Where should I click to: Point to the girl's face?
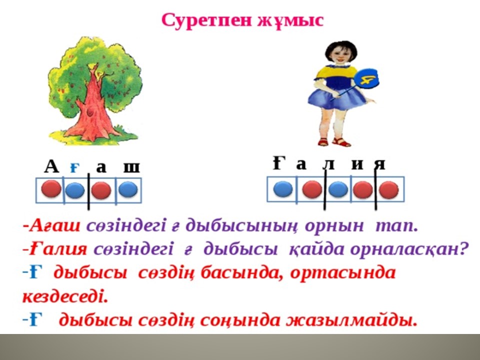click(340, 55)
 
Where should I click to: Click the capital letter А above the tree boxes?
click(51, 167)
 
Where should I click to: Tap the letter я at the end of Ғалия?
click(380, 164)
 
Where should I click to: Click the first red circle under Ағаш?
click(51, 188)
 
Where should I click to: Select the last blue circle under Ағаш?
click(127, 189)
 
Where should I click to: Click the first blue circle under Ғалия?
click(282, 188)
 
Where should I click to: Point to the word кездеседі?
click(65, 296)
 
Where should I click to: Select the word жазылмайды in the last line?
click(351, 320)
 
